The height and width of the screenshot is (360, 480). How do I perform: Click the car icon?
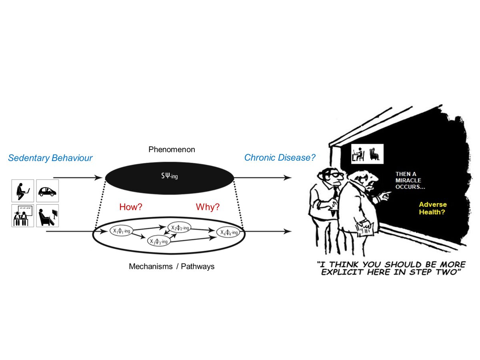tap(47, 191)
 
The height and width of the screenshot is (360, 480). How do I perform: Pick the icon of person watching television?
tap(47, 216)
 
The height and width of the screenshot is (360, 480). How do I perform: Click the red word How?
tap(131, 207)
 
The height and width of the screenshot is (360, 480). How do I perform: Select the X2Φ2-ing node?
tap(180, 227)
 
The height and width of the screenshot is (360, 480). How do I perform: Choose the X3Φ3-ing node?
tap(159, 241)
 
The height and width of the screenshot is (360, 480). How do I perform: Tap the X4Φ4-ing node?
tap(228, 232)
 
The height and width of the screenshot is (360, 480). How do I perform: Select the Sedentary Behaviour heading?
tap(50, 158)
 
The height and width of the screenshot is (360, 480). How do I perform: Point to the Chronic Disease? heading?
tap(280, 158)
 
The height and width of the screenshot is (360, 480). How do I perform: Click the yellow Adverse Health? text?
tap(433, 208)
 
